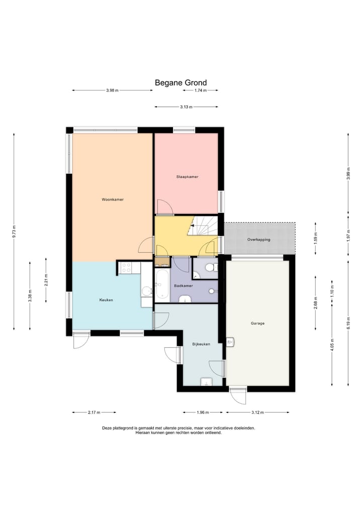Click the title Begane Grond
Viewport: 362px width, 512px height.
tap(180, 83)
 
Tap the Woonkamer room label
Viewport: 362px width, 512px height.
tap(113, 199)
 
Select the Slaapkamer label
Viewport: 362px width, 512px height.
tap(187, 177)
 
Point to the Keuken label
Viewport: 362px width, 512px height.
tap(106, 300)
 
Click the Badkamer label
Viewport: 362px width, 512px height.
tap(184, 286)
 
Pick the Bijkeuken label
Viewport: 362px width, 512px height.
tap(201, 344)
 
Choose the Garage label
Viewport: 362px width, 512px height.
tap(257, 323)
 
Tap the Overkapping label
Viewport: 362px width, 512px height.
tap(258, 240)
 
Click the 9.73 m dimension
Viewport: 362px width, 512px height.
tap(14, 232)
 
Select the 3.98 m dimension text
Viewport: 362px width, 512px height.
tap(112, 91)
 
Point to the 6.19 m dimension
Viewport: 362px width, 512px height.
tap(348, 323)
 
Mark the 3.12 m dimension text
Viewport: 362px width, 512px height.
tap(257, 412)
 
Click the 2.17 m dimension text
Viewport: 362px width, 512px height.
tap(94, 412)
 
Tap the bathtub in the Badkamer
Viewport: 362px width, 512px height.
tap(162, 285)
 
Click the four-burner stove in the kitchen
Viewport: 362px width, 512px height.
tap(126, 268)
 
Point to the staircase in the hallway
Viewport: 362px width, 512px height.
tap(203, 226)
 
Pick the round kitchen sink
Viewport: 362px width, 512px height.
tap(147, 290)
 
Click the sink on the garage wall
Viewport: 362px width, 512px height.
tap(230, 342)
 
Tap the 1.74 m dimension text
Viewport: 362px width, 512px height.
tap(201, 91)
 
